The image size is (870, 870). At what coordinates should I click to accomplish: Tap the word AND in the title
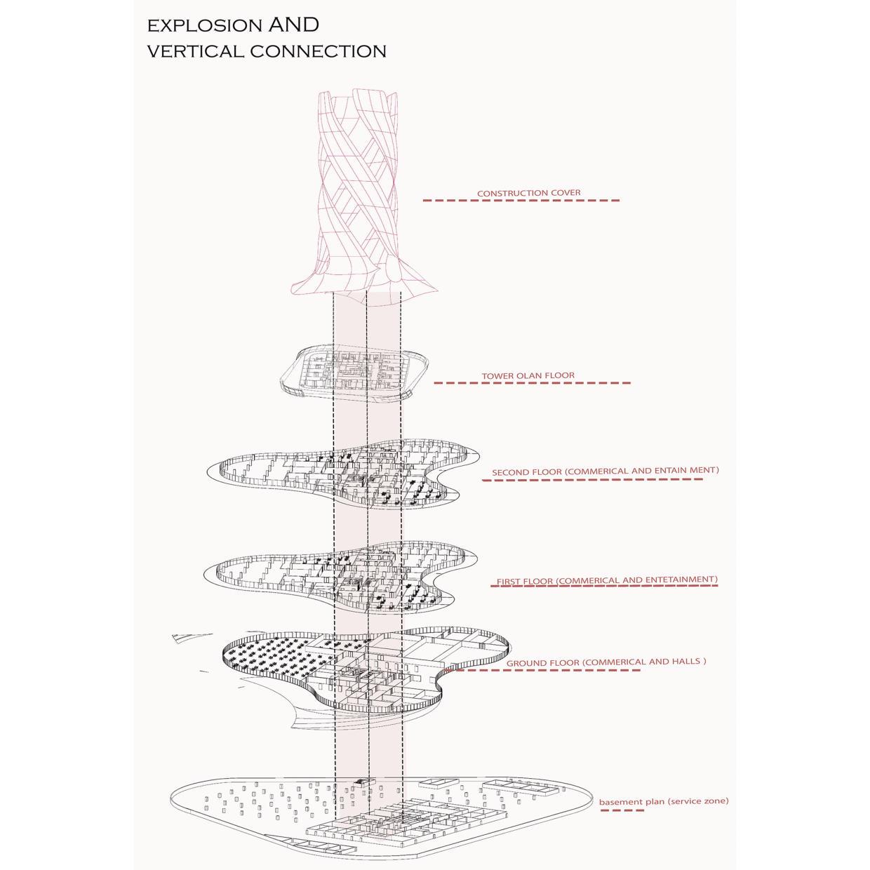293,25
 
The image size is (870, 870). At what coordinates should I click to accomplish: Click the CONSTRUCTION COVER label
528,193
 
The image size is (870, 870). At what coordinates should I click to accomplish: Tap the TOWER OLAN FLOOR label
528,375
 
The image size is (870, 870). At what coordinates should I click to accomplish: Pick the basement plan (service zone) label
663,801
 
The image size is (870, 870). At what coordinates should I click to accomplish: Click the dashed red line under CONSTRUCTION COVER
521,201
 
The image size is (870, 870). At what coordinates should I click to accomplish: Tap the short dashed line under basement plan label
622,810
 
